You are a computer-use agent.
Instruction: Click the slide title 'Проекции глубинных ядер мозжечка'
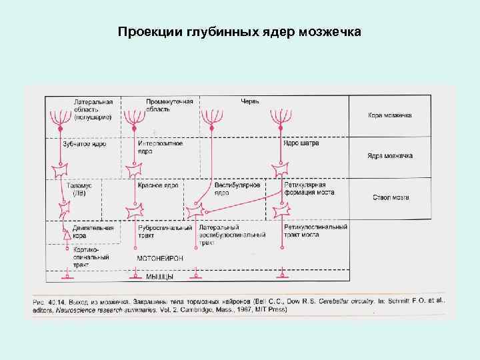tap(239, 31)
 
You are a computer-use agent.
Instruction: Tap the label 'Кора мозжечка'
tap(390, 115)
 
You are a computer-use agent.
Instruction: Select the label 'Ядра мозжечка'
tap(390, 156)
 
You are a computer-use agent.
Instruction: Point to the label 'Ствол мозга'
tap(390, 197)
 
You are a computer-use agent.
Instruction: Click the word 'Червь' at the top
tap(250, 101)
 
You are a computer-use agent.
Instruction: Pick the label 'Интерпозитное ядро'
tap(160, 147)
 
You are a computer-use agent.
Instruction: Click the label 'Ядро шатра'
tap(301, 143)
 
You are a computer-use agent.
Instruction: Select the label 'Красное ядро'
tap(158, 185)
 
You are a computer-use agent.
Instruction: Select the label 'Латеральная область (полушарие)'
tap(93, 109)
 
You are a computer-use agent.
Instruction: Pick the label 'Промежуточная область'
tap(169, 105)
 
